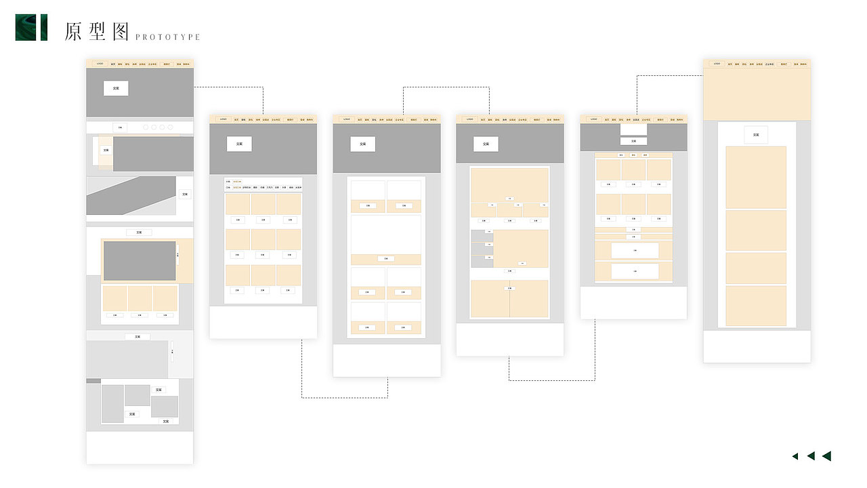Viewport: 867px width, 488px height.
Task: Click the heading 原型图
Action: [x=97, y=31]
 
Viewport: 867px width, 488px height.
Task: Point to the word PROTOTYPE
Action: [x=168, y=37]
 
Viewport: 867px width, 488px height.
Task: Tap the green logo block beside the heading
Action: [x=31, y=27]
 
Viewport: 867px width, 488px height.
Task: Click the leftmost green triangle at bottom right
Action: [x=795, y=456]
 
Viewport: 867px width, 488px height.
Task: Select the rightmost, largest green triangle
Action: [x=826, y=456]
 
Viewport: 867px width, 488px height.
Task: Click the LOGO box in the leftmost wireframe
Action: [x=100, y=64]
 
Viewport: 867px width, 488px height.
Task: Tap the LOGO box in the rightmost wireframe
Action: [x=717, y=64]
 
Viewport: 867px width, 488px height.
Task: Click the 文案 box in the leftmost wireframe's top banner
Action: [x=116, y=88]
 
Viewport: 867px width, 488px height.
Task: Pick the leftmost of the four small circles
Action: [x=146, y=127]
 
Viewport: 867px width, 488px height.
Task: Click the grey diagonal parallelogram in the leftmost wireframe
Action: [x=129, y=195]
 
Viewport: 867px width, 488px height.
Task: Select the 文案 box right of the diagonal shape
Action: [x=184, y=195]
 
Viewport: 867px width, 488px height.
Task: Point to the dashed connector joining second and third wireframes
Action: [x=344, y=397]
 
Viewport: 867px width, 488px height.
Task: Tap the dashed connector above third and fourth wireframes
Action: [x=446, y=87]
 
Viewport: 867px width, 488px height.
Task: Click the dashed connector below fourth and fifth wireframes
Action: [x=552, y=380]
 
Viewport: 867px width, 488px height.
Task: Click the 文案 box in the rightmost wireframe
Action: [x=756, y=135]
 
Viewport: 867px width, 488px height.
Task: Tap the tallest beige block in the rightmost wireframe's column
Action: [x=756, y=177]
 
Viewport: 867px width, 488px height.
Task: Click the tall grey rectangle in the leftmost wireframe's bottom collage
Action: [x=112, y=403]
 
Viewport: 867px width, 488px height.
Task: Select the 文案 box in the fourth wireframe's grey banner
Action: [x=486, y=144]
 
